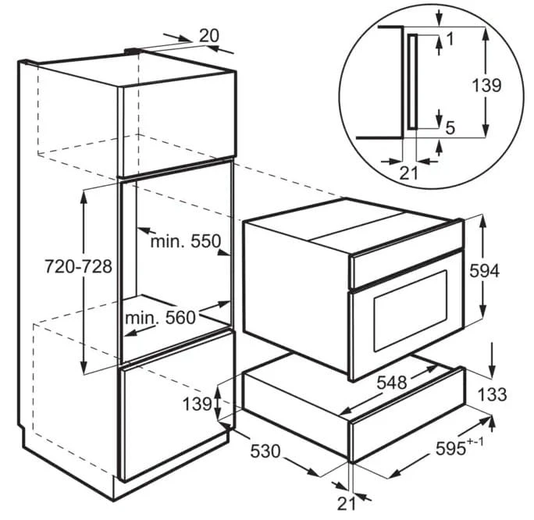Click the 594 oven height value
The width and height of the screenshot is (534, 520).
pyautogui.click(x=484, y=270)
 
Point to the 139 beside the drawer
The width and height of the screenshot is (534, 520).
pyautogui.click(x=198, y=404)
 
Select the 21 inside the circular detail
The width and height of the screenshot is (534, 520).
pyautogui.click(x=409, y=173)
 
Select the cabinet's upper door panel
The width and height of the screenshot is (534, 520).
pyautogui.click(x=176, y=128)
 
